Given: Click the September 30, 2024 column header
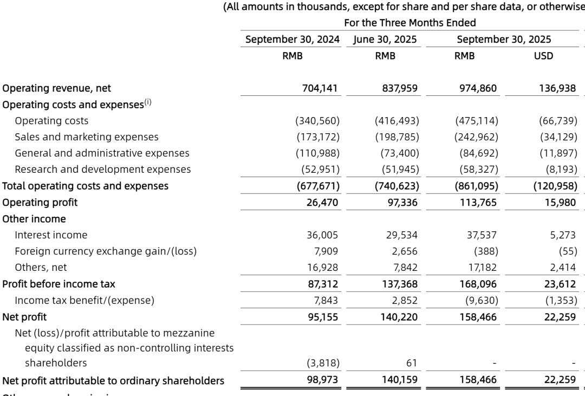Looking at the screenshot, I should [x=292, y=40].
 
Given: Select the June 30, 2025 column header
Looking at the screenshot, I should [x=385, y=40].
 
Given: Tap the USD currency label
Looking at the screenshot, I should [x=543, y=56].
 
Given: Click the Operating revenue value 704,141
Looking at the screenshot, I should [x=321, y=88].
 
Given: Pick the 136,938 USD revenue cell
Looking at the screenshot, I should [x=557, y=88].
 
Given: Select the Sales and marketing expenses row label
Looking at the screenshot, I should [x=87, y=137].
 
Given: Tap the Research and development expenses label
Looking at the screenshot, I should [x=103, y=170].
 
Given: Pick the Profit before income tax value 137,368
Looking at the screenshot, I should [x=400, y=284].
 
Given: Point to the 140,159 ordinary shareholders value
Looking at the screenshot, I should [x=400, y=380].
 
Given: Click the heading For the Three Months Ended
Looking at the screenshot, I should [x=409, y=23].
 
